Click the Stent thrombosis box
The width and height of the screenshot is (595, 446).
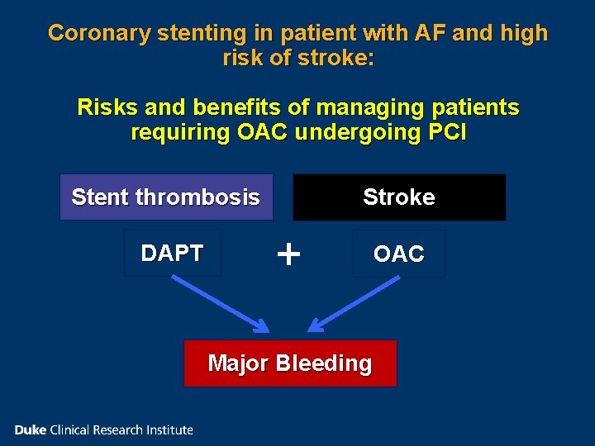coord(166,197)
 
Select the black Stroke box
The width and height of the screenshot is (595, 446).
coord(399,197)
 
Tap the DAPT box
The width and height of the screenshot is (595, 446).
coord(172,253)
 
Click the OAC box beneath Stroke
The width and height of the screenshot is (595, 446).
coord(398,254)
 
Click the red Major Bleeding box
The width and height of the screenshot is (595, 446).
coord(290,363)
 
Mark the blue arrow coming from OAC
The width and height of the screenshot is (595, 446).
coord(355,304)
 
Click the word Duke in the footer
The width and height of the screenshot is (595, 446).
coord(31,429)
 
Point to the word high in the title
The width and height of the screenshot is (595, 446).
coord(524,33)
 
